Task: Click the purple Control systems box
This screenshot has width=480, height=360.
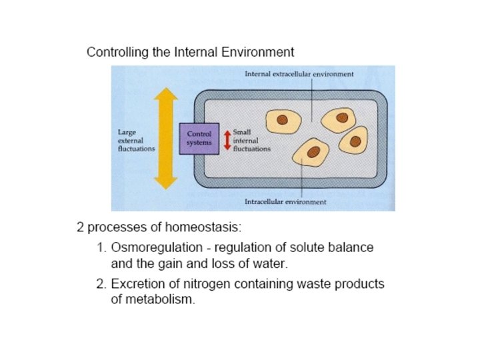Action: [x=198, y=139]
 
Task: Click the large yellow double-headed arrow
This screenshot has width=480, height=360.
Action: [x=166, y=139]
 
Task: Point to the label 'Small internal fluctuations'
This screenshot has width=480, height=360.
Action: [x=251, y=140]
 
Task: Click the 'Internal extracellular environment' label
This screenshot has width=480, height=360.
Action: [x=299, y=74]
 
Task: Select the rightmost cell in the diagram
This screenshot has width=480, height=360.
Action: [x=353, y=141]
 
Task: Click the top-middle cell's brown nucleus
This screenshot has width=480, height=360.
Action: [x=338, y=119]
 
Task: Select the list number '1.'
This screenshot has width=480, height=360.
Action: [x=101, y=247]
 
